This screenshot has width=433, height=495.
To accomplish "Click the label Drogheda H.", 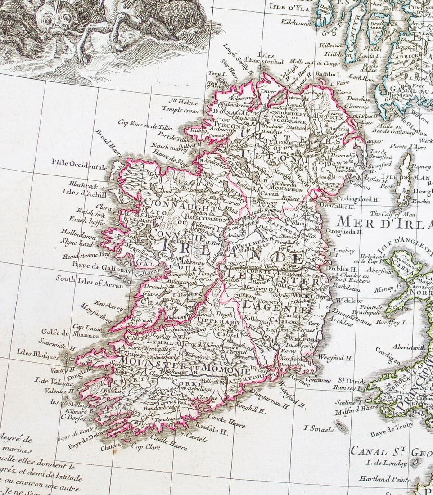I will pos(347,232).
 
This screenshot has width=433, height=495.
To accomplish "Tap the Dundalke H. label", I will pos(337,207).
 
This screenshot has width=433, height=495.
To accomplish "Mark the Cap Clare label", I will pos(144,446).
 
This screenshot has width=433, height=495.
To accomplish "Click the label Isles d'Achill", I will pos(85,194).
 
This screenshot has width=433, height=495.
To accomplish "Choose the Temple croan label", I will pos(180,109).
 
